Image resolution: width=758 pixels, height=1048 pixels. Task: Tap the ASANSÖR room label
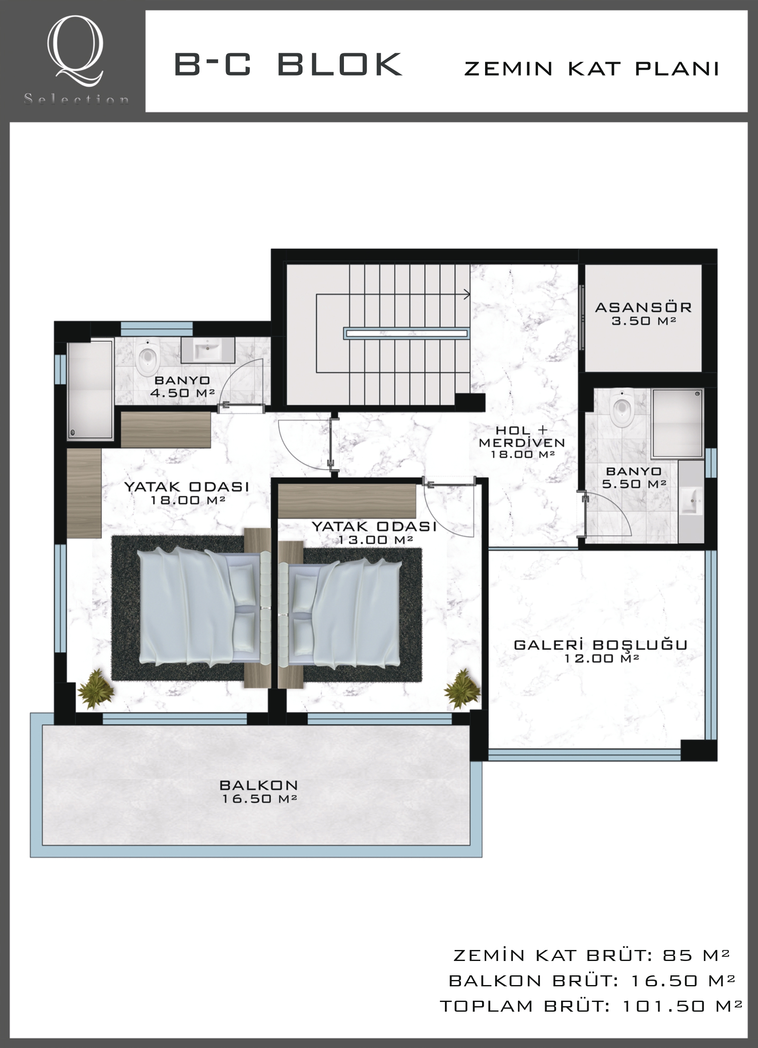[643, 307]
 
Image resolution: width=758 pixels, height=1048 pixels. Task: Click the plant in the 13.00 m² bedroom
[462, 689]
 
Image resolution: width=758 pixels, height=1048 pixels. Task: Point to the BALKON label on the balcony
[259, 785]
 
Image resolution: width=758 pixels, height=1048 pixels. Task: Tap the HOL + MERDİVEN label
[522, 437]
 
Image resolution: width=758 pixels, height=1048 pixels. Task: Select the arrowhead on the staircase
[467, 294]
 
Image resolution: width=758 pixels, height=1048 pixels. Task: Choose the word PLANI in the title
[677, 69]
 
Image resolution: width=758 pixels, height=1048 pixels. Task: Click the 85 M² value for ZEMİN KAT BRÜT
[696, 955]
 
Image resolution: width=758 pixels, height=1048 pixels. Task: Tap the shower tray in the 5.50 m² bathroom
[677, 423]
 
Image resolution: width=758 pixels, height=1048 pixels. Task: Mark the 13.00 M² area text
[375, 540]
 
